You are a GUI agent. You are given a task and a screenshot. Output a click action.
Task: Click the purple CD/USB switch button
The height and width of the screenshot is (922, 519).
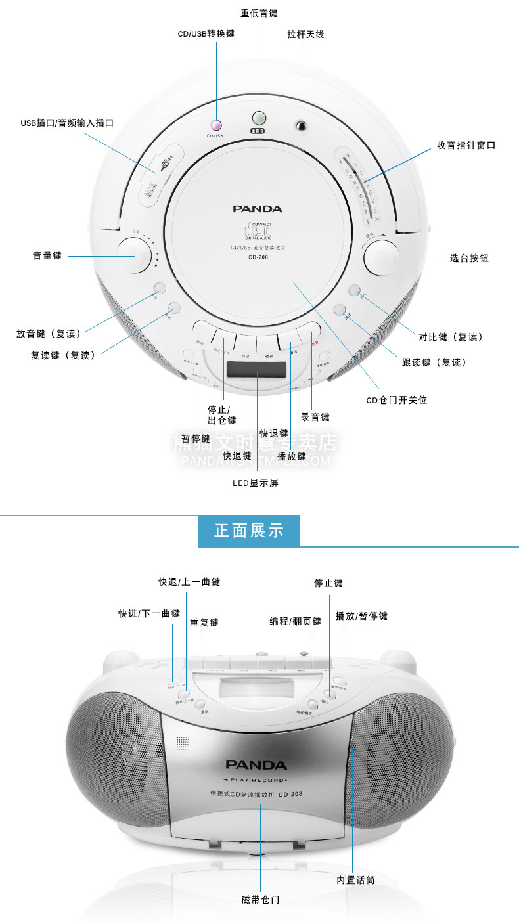coord(216,124)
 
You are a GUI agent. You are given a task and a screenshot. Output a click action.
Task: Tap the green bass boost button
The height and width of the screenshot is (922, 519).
coord(259,118)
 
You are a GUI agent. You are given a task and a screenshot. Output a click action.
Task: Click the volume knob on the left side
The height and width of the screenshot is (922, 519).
coord(134,255)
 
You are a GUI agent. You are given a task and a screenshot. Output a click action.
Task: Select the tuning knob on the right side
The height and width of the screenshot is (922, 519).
coord(381,258)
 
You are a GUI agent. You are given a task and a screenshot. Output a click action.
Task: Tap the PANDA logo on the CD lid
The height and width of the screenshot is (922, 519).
coord(257,209)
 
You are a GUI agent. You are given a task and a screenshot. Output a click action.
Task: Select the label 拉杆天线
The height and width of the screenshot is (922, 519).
coord(305,34)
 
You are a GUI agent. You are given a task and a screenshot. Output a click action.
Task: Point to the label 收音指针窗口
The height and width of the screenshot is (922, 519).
coord(466,145)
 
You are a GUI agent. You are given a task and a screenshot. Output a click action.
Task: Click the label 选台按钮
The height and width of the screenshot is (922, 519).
coord(469,258)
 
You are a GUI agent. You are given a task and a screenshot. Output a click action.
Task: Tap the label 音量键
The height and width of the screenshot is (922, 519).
coord(47,255)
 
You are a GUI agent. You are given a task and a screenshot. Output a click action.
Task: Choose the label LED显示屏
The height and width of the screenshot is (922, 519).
coord(256,483)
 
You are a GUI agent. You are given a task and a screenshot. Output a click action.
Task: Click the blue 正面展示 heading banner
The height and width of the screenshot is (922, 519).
coord(249,531)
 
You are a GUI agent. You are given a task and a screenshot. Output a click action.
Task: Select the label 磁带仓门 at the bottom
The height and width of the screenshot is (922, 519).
coord(260,899)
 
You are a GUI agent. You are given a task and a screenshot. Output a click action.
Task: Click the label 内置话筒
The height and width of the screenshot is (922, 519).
coord(356,879)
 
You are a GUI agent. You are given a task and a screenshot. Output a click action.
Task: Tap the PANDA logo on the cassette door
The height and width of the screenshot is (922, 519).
coord(256,765)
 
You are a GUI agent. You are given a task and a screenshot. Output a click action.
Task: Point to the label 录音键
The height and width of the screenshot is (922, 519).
coord(315,417)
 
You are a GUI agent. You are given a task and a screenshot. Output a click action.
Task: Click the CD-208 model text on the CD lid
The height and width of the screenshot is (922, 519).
coord(257,257)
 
